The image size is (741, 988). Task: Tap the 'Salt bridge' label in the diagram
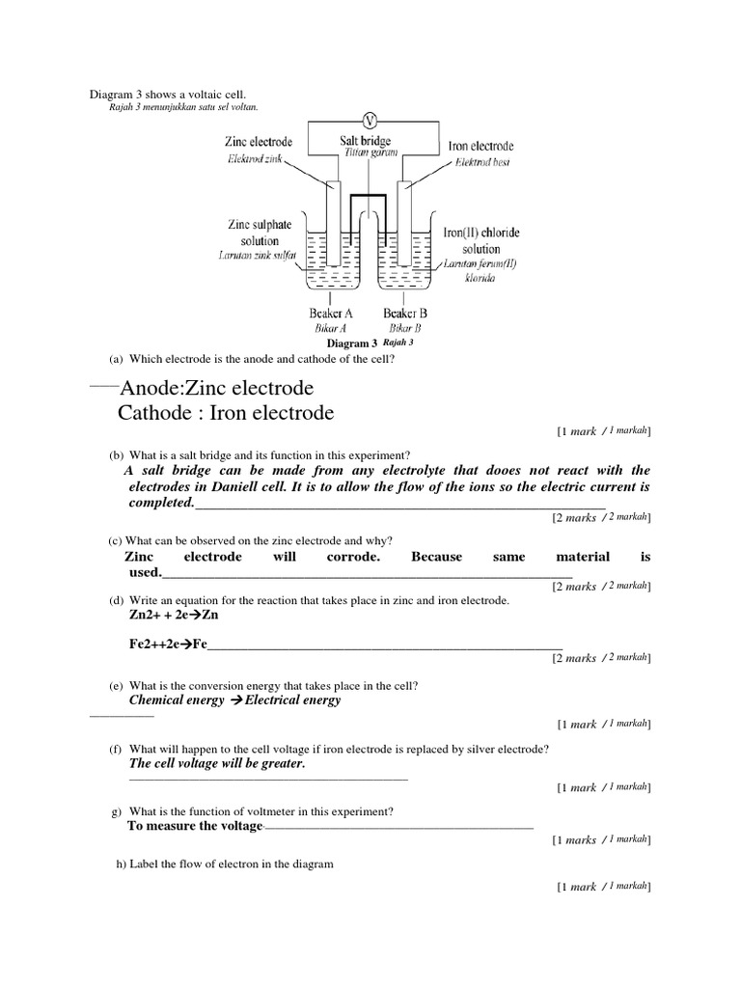tap(365, 141)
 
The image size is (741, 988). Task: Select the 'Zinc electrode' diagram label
tap(259, 141)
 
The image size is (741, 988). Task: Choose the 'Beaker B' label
tap(405, 313)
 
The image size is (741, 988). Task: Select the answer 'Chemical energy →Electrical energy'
tap(234, 700)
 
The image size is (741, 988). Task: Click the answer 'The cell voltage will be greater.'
tap(216, 763)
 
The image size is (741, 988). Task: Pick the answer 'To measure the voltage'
tap(194, 826)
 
